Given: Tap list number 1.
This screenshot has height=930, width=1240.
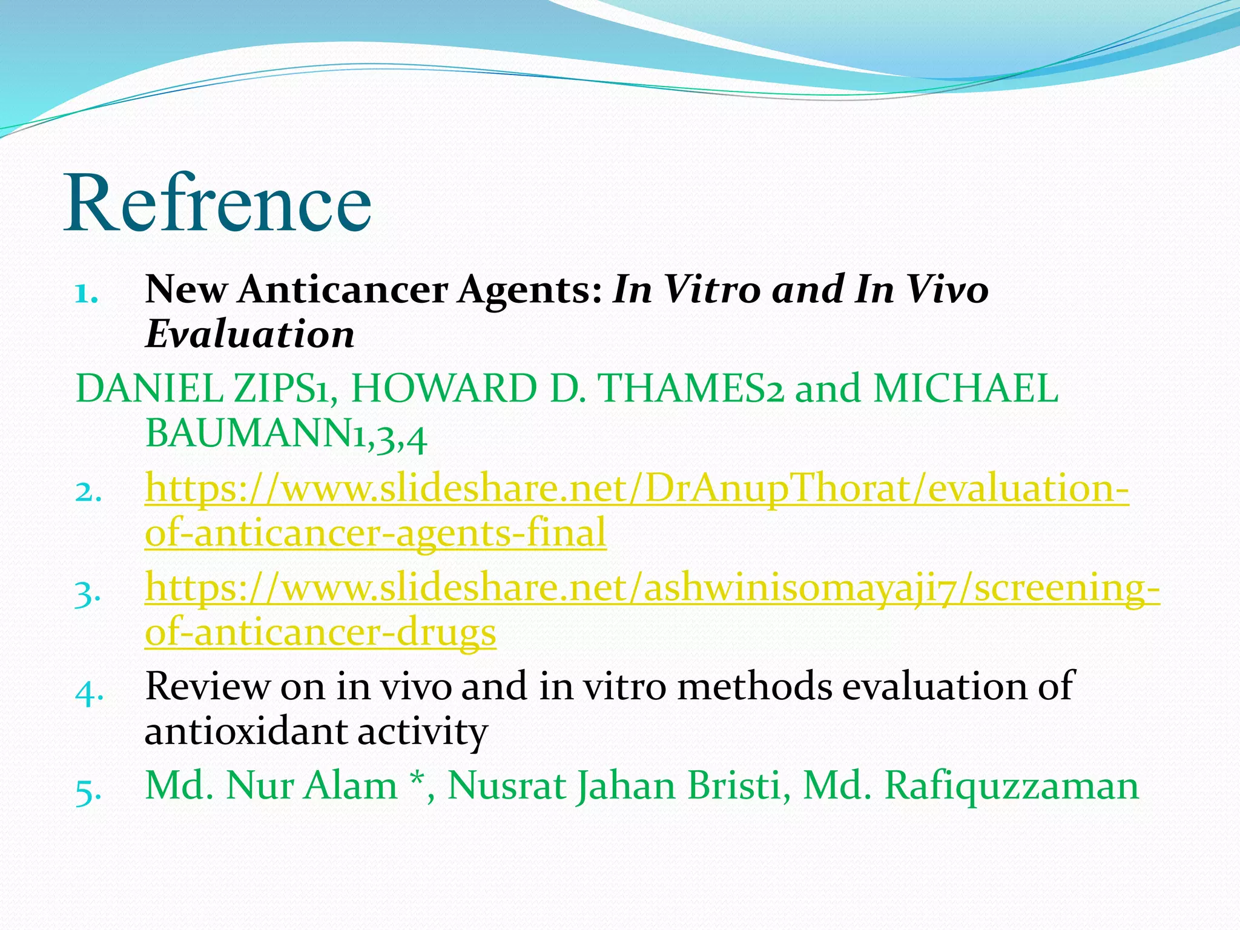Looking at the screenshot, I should [86, 294].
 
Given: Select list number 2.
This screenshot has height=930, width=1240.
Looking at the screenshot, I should [88, 492].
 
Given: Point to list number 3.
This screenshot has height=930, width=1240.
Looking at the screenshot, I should [88, 593].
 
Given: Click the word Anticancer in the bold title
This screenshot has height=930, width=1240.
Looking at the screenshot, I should [341, 289].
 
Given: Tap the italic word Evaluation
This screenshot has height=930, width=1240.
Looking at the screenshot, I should [249, 334].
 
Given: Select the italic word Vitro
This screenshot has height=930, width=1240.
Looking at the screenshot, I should [712, 289].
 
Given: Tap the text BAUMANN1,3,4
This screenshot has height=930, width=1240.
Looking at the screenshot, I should [286, 434].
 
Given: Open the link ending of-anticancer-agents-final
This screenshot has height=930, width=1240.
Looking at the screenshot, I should [375, 533].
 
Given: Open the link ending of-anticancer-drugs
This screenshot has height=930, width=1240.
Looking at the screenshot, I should [320, 632].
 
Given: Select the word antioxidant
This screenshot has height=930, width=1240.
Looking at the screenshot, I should [245, 731].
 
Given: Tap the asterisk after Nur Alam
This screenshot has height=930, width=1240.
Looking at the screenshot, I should [416, 780].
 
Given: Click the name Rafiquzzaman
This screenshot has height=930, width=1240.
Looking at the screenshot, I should [1011, 786].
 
